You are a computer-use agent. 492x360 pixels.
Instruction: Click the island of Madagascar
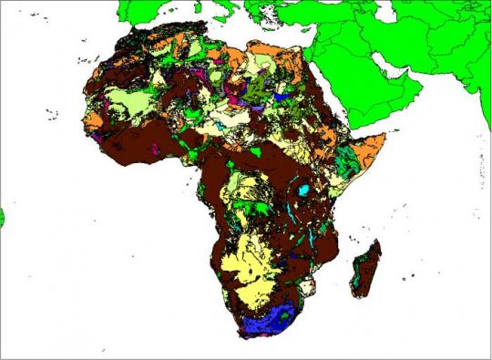[x=365, y=269]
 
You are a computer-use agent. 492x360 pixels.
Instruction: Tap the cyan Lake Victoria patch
[x=303, y=190]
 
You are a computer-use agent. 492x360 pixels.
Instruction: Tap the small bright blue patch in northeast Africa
[x=282, y=93]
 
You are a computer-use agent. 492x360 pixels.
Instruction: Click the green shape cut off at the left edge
[x=2, y=217]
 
